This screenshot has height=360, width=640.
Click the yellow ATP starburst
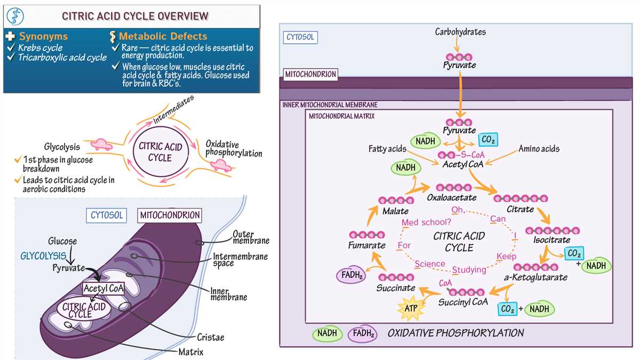coord(411,309)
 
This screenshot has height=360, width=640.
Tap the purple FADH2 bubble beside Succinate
coord(351,275)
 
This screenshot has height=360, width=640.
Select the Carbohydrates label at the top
coord(460,31)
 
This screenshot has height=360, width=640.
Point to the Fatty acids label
coord(387,149)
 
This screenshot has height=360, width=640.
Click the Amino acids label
coord(539,149)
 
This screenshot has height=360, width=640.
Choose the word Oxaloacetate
coord(451,197)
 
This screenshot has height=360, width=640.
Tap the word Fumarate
coord(366,245)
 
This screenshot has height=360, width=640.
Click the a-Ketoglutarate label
coord(535,277)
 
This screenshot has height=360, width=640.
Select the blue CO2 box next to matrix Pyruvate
coord(489,140)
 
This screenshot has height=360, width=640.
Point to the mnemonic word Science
coord(430,263)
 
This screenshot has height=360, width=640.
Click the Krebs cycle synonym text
coord(41,47)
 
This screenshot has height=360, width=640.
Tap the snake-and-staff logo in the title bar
coord(15,17)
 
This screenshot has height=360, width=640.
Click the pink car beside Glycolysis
coord(101,145)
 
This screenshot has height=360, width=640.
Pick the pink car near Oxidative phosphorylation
coord(221,165)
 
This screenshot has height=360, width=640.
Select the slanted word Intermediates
coord(173,110)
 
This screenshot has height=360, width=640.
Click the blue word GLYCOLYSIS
coord(43,256)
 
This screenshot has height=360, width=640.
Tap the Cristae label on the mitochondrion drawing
coord(211,338)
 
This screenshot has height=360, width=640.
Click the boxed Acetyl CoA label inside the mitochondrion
coord(103,289)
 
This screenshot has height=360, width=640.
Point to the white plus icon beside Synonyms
coord(10,36)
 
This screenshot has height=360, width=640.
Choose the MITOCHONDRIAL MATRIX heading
coord(342,116)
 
